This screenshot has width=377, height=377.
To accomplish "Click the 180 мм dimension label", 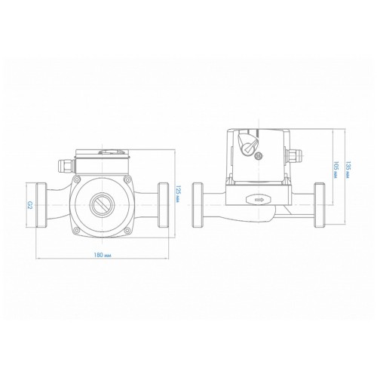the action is tap(103, 255).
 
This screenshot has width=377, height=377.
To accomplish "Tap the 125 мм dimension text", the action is tap(178, 195).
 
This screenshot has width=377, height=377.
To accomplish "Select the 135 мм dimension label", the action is tap(348, 170).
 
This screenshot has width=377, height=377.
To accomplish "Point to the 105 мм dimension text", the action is tap(336, 170).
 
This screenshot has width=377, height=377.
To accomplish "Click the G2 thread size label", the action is tap(30, 205).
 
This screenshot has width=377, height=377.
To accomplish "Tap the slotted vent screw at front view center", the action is tap(103, 205).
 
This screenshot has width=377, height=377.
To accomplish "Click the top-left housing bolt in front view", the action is tap(78, 179).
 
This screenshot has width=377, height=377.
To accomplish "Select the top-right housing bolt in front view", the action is tap(127, 179).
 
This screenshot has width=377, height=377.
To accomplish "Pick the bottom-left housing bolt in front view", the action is tap(77, 230).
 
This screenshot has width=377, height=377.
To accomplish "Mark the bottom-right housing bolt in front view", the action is tap(127, 230).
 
